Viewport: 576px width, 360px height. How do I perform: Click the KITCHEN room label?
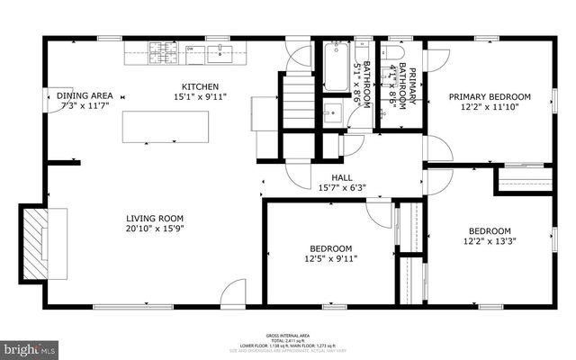coord(198,85)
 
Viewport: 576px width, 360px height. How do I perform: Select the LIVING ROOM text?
coord(154,218)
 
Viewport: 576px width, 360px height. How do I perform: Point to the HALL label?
coord(342,178)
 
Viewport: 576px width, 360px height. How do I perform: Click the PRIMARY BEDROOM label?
coord(490,96)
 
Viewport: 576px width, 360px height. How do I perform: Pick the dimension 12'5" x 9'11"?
coord(331,258)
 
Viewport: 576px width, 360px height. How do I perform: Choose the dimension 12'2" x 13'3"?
coord(490,241)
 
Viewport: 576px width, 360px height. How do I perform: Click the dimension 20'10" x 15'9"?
coord(154,228)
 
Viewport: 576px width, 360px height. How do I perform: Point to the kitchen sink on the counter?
coord(219,51)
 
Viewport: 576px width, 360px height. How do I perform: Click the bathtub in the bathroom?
coord(336,67)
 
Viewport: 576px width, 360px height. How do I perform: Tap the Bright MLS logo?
coord(30,346)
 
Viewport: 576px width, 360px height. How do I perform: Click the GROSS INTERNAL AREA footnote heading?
coord(288,333)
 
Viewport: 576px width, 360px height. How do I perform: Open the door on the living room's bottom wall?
coord(232,294)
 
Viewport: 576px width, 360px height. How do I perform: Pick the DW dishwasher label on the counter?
coord(189,50)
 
